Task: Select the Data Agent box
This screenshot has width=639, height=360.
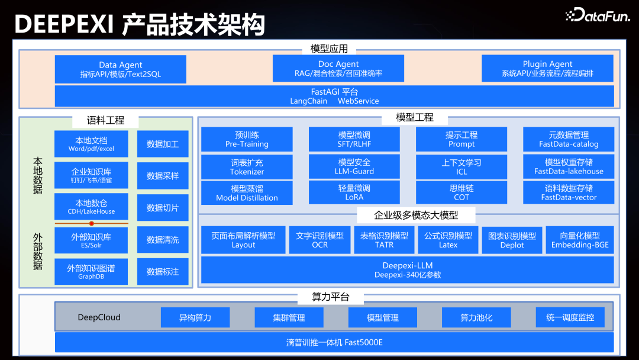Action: point(120,69)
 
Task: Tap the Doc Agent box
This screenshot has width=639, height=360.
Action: point(338,69)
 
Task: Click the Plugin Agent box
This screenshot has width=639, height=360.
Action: point(547,69)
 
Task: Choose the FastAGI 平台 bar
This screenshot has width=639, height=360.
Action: point(334,97)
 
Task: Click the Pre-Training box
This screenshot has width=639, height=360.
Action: point(247,139)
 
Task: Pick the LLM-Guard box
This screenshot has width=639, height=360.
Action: point(354,166)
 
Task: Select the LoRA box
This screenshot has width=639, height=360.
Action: point(354,193)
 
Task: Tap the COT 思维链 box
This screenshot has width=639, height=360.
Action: point(461,193)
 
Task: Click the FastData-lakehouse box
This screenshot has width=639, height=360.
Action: point(569,166)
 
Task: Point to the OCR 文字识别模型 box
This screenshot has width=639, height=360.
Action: point(319,240)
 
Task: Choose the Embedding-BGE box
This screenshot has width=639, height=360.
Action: point(579,240)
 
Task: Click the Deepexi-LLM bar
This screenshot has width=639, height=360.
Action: point(407,270)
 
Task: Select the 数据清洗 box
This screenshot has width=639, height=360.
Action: point(163,240)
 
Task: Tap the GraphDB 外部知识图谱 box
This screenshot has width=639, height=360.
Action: point(91,272)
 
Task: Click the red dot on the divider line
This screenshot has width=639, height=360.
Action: point(91,223)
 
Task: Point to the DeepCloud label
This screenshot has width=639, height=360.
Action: point(99,317)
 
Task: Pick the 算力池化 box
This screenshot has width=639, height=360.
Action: point(476,317)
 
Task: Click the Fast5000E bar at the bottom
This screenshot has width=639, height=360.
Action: point(334,342)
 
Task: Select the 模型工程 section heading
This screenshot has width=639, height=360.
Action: point(415,117)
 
